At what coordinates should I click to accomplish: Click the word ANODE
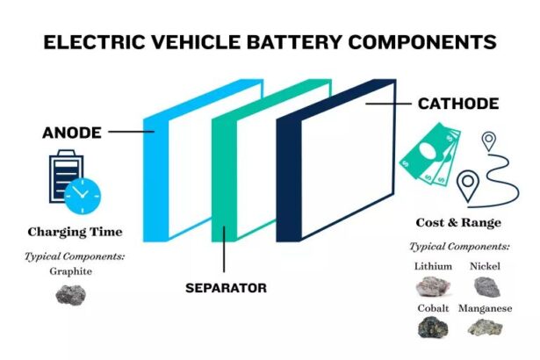pyautogui.click(x=72, y=133)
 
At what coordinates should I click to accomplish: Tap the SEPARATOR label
pyautogui.click(x=226, y=287)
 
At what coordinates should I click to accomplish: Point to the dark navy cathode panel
pyautogui.click(x=290, y=176)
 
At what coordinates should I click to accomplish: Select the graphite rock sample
pyautogui.click(x=71, y=295)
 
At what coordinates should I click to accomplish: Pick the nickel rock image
pyautogui.click(x=485, y=286)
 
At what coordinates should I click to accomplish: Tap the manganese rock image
pyautogui.click(x=485, y=328)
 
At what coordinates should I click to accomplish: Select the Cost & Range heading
pyautogui.click(x=459, y=223)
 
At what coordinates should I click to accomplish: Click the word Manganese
pyautogui.click(x=485, y=309)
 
